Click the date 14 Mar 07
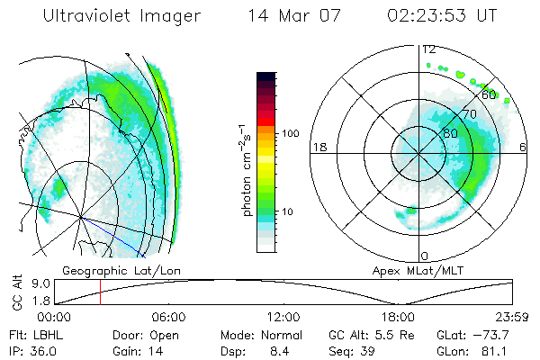(291, 16)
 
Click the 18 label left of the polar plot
(318, 147)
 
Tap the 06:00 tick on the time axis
(169, 317)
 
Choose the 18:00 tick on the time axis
(398, 317)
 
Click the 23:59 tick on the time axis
(511, 317)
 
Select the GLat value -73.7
(488, 334)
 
